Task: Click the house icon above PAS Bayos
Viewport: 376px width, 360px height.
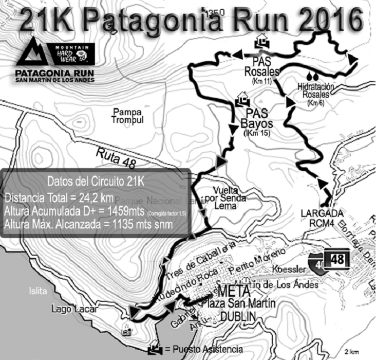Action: pyautogui.click(x=242, y=98)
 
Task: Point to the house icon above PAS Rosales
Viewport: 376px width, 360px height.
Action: pyautogui.click(x=261, y=39)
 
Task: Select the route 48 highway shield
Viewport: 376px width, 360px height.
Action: pyautogui.click(x=337, y=260)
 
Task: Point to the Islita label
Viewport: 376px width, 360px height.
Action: pyautogui.click(x=39, y=291)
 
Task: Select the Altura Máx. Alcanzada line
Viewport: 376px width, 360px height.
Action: pyautogui.click(x=88, y=224)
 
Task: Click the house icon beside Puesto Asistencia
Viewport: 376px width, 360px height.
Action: pyautogui.click(x=154, y=349)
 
